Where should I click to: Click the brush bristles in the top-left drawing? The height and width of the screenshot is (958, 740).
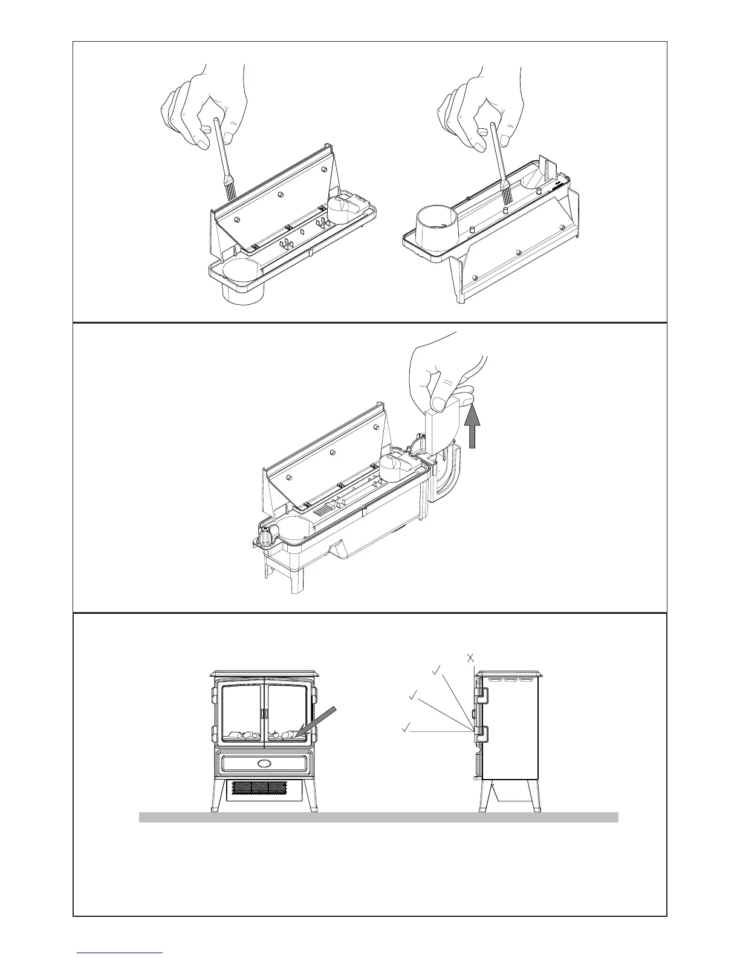click(x=230, y=192)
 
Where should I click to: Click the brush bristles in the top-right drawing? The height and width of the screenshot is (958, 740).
click(x=506, y=195)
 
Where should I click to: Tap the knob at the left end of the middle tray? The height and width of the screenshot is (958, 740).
click(x=265, y=535)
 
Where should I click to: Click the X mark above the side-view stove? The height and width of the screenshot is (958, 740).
click(x=470, y=658)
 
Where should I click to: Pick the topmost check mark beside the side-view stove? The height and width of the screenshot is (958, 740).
click(x=436, y=670)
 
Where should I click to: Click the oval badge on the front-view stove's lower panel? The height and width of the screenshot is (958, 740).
click(x=264, y=763)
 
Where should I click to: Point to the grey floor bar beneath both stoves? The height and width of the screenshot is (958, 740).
click(x=378, y=817)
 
